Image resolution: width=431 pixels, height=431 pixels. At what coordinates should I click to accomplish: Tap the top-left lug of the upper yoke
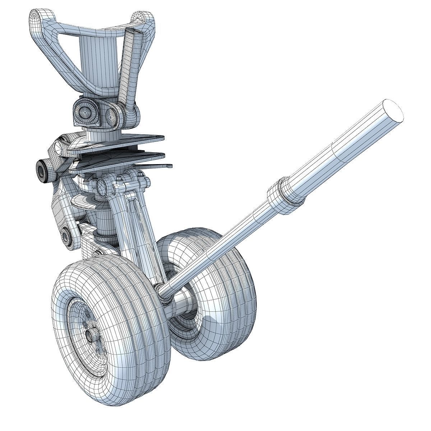36,16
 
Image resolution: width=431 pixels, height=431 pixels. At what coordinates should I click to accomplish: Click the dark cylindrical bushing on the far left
42,169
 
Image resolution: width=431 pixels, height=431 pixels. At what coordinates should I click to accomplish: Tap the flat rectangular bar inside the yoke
128,61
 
